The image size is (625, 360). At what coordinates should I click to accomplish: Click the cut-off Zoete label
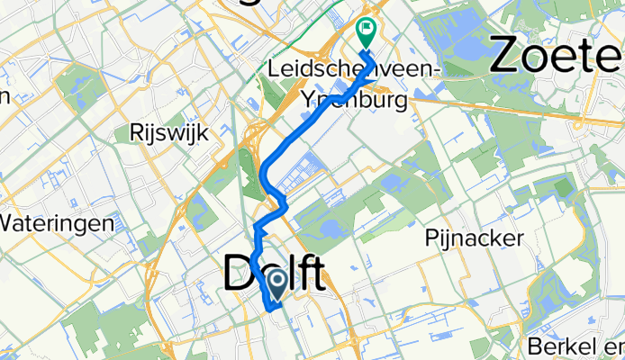tap(556, 56)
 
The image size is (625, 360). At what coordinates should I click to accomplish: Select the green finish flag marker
tap(367, 32)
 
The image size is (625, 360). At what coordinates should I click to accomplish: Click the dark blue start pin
tap(276, 286)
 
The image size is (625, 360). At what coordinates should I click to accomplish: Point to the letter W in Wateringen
tap(9, 222)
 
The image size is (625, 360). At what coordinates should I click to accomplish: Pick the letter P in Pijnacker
tap(430, 238)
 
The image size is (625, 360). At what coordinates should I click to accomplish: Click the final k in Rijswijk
tap(204, 133)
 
